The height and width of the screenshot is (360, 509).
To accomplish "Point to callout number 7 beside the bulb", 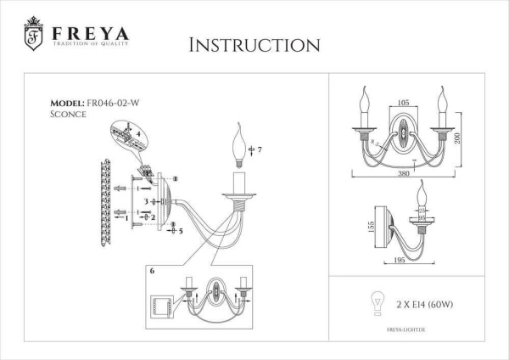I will [x=260, y=150].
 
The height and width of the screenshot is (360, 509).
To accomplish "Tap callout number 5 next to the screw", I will [x=181, y=230].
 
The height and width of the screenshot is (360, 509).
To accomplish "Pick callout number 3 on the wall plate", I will [x=146, y=200].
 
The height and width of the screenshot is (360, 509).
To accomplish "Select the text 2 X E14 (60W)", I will [x=425, y=302].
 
